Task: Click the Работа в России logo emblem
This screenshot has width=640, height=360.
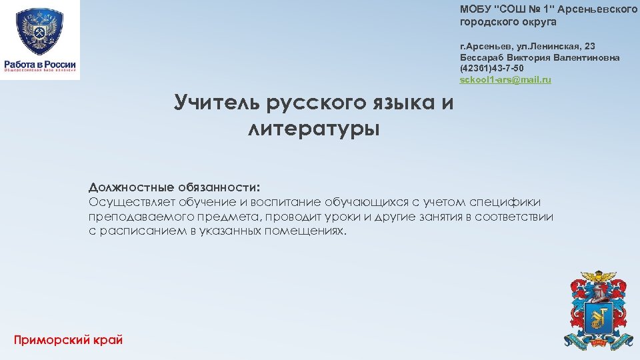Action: point(39,31)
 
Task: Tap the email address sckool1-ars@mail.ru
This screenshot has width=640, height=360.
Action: point(505,80)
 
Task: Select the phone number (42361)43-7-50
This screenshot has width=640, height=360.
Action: point(491,69)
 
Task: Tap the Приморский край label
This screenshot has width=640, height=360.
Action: point(68,340)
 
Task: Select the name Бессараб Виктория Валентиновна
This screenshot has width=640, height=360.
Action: point(539,57)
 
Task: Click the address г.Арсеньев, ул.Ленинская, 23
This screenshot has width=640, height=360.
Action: point(527,46)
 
